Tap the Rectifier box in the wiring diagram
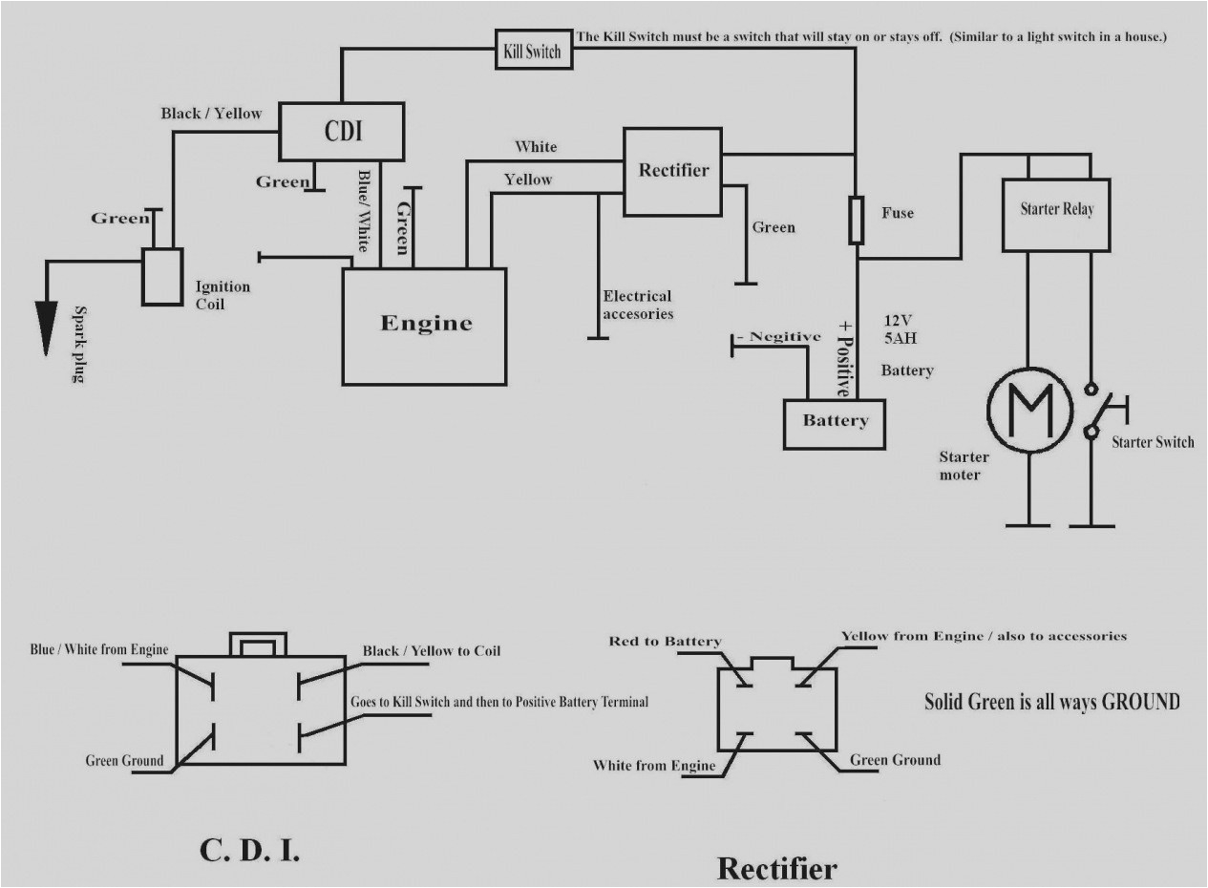tap(673, 170)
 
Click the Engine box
tap(425, 326)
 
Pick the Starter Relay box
tap(1056, 214)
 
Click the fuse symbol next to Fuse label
tap(857, 222)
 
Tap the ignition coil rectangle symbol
tap(162, 277)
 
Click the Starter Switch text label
tap(1153, 442)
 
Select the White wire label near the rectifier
tap(536, 147)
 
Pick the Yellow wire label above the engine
tap(528, 179)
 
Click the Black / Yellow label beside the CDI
tap(211, 114)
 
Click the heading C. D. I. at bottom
tap(250, 851)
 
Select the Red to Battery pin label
tap(665, 642)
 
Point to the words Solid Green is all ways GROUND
tap(1051, 702)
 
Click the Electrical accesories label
tap(637, 305)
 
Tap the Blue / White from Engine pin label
tap(99, 650)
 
